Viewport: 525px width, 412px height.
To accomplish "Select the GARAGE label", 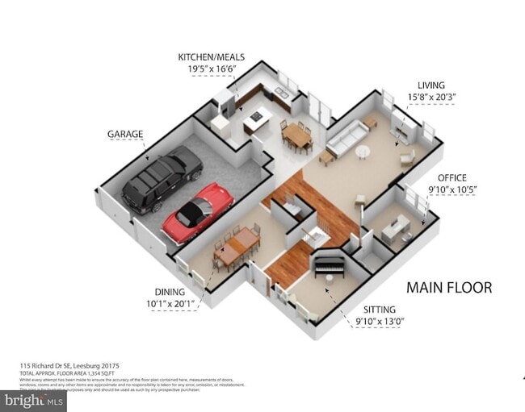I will point(125,134).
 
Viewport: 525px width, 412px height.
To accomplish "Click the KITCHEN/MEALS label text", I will point(212,57).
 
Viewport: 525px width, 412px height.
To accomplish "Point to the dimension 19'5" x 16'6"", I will point(212,69).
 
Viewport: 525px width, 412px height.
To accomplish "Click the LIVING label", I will point(430,85).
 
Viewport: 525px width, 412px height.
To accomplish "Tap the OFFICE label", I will point(452,177).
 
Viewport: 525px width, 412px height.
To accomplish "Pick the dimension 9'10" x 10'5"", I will point(452,189).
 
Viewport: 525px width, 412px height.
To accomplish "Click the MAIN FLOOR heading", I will point(448,287).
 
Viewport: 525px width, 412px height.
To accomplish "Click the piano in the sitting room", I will point(329,264).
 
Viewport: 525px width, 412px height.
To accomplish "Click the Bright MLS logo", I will point(34,400).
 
